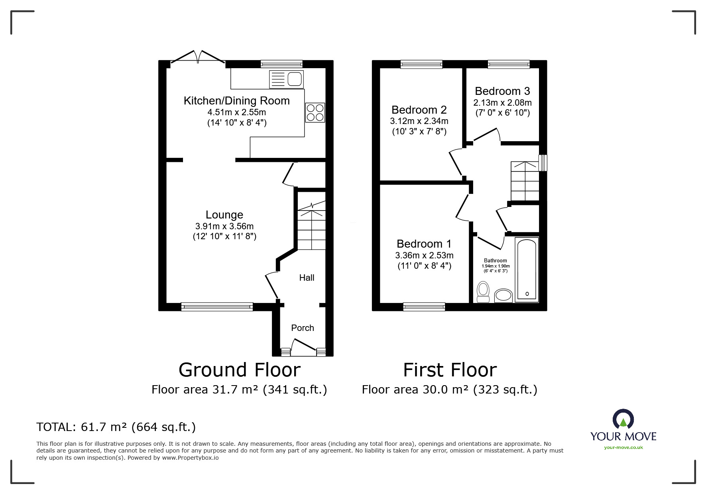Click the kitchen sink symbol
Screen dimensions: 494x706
[287, 79]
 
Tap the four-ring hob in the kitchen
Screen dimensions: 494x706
[315, 112]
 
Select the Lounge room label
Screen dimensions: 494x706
[224, 215]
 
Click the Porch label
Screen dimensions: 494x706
[303, 328]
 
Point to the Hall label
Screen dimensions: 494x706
[307, 278]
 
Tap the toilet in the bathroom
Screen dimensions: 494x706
[483, 291]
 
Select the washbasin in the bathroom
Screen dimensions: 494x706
[503, 295]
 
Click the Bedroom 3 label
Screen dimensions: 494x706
[502, 91]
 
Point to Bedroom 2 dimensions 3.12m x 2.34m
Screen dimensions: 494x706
[419, 121]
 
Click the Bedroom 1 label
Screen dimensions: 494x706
[424, 244]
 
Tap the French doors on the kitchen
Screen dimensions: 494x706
[198, 57]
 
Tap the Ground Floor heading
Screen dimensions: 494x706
[239, 370]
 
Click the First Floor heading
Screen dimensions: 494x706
[450, 370]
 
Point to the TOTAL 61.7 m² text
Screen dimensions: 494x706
[116, 427]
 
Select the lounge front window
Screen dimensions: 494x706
[217, 307]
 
